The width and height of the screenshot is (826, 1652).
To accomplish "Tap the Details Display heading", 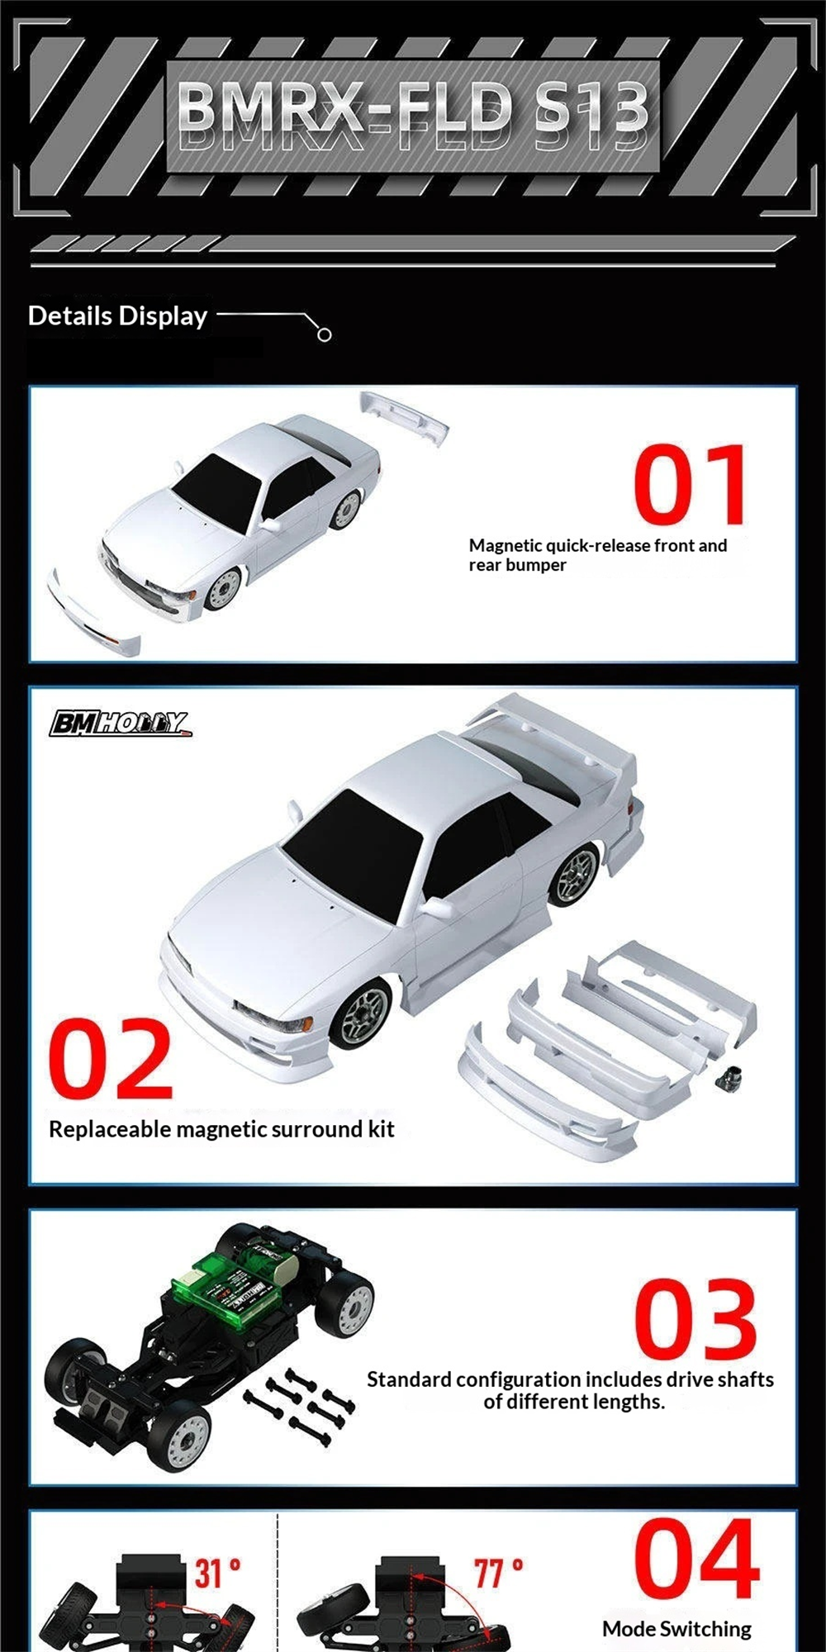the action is (x=117, y=316).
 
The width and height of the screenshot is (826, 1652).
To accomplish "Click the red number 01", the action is (x=691, y=484).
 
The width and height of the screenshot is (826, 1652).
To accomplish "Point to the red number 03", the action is (x=695, y=1319).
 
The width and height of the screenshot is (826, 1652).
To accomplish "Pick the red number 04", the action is (x=697, y=1559).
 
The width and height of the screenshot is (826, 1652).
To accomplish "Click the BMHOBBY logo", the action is (x=120, y=724).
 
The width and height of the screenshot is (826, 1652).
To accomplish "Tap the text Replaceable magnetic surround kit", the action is (x=221, y=1129).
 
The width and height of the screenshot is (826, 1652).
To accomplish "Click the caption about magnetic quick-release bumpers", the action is (x=598, y=555).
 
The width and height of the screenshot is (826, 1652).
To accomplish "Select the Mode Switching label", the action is (x=676, y=1629).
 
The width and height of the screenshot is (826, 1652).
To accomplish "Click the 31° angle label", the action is (x=217, y=1574).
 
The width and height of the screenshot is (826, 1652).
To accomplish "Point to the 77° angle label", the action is (x=498, y=1574).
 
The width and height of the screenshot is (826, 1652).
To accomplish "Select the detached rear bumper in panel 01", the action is (x=404, y=417).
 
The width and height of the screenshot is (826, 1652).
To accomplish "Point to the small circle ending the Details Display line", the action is (x=325, y=335).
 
